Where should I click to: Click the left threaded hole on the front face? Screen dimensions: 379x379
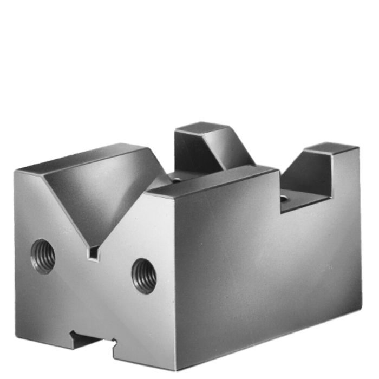tap(43, 256)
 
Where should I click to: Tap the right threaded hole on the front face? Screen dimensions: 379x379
tap(145, 276)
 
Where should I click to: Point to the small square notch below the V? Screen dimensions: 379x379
tap(94, 252)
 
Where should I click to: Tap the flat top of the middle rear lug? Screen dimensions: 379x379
tap(198, 128)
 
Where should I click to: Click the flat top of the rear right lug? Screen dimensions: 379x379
tap(332, 148)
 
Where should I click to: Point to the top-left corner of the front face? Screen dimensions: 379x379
tap(16, 172)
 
